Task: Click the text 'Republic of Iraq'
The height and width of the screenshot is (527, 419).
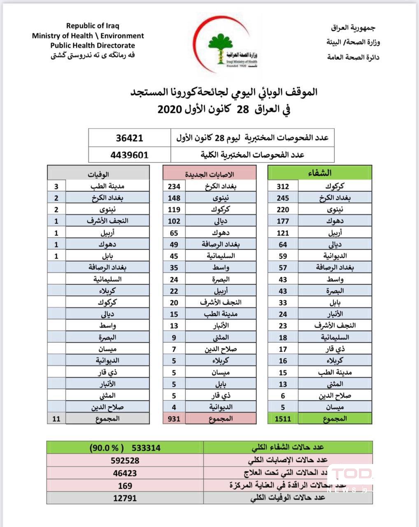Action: (93, 26)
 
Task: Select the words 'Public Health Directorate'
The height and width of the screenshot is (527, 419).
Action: (93, 46)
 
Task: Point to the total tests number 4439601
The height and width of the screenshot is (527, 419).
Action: (129, 155)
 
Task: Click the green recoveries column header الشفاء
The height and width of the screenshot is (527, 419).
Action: (320, 173)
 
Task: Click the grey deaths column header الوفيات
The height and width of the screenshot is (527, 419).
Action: (98, 174)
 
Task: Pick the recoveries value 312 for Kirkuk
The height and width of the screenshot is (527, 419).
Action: (283, 187)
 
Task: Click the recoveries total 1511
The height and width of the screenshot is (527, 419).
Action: (283, 419)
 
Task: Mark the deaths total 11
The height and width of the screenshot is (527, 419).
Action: (56, 419)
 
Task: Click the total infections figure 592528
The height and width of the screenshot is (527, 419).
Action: (125, 460)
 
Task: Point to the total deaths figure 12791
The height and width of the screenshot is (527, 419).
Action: (125, 498)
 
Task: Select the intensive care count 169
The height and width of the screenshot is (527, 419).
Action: (125, 486)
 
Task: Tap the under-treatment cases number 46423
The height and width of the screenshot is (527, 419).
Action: (125, 473)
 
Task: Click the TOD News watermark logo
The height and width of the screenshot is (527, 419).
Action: (350, 478)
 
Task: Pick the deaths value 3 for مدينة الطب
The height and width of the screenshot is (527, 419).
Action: (56, 187)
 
